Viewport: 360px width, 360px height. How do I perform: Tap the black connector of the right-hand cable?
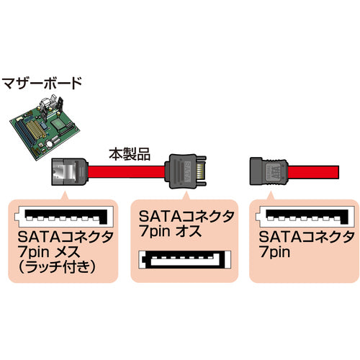271,173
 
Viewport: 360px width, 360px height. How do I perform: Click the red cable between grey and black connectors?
126,174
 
